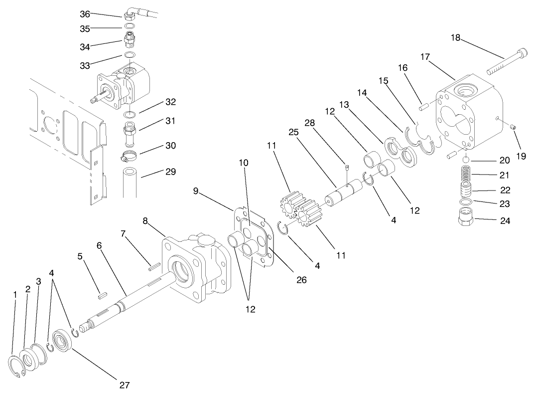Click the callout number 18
click(456, 37)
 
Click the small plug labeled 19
click(516, 130)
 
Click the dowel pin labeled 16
click(424, 106)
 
